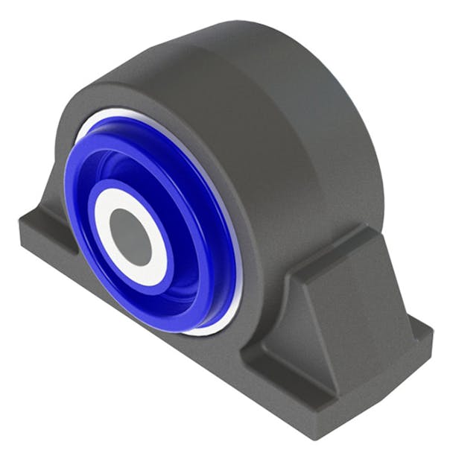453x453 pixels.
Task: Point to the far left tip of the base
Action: (21, 224)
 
